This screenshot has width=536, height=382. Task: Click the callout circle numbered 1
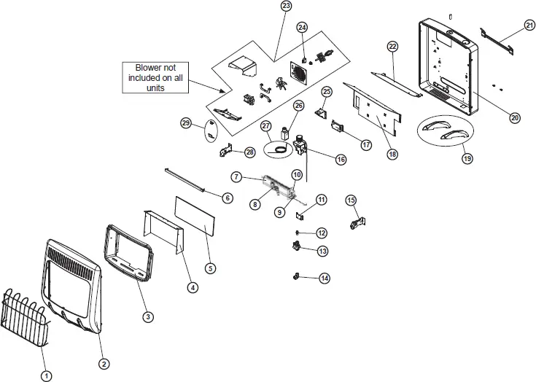click(47, 375)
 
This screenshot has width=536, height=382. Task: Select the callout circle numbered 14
click(324, 277)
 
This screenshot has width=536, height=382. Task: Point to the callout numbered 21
click(529, 26)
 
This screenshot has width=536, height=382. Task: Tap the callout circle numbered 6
click(227, 198)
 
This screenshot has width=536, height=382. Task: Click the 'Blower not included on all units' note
click(152, 77)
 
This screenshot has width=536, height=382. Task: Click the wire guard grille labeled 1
click(24, 321)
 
